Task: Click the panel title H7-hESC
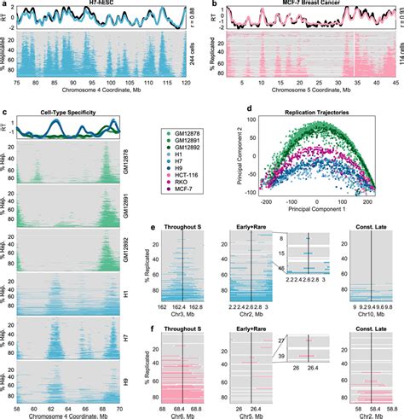tap(107, 5)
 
